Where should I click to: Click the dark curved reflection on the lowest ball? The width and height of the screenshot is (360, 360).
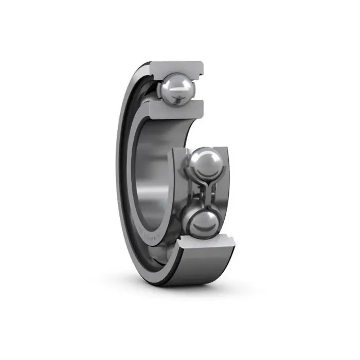pyautogui.click(x=203, y=229)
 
